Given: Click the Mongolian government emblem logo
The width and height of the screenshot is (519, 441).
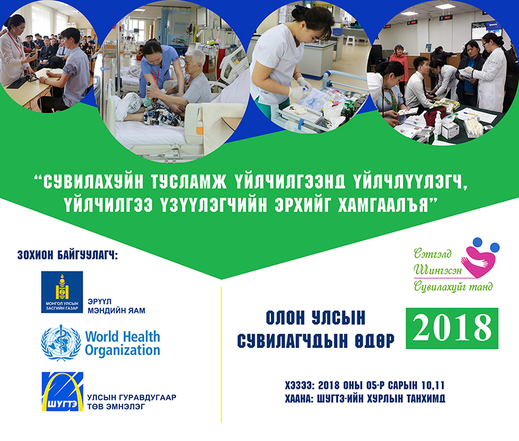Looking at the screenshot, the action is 62,292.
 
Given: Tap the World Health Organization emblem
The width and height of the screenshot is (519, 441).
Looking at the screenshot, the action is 61,343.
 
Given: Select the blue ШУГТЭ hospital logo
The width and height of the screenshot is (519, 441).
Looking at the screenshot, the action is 62,391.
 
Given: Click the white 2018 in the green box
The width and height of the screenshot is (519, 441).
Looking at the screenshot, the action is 452,328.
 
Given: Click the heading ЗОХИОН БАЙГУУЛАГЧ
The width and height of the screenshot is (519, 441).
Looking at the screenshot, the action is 67,255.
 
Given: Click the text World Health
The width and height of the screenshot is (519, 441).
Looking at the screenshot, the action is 123,337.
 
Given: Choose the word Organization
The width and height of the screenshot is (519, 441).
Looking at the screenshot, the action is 123,351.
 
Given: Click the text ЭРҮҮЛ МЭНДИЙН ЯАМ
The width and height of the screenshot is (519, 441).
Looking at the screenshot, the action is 116,306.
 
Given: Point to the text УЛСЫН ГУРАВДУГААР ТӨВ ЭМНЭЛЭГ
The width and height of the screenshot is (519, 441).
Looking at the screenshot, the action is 131,402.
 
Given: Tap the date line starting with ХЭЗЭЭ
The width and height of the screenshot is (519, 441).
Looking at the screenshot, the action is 365,386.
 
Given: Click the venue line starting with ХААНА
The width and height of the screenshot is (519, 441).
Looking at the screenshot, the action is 365,399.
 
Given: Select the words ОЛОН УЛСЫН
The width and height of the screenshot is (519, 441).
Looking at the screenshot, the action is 315,318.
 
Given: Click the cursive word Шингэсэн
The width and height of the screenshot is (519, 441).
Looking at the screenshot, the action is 437,270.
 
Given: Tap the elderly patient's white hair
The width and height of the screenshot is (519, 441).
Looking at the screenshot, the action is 196,57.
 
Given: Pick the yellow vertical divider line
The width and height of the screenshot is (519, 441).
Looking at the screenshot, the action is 221,355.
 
